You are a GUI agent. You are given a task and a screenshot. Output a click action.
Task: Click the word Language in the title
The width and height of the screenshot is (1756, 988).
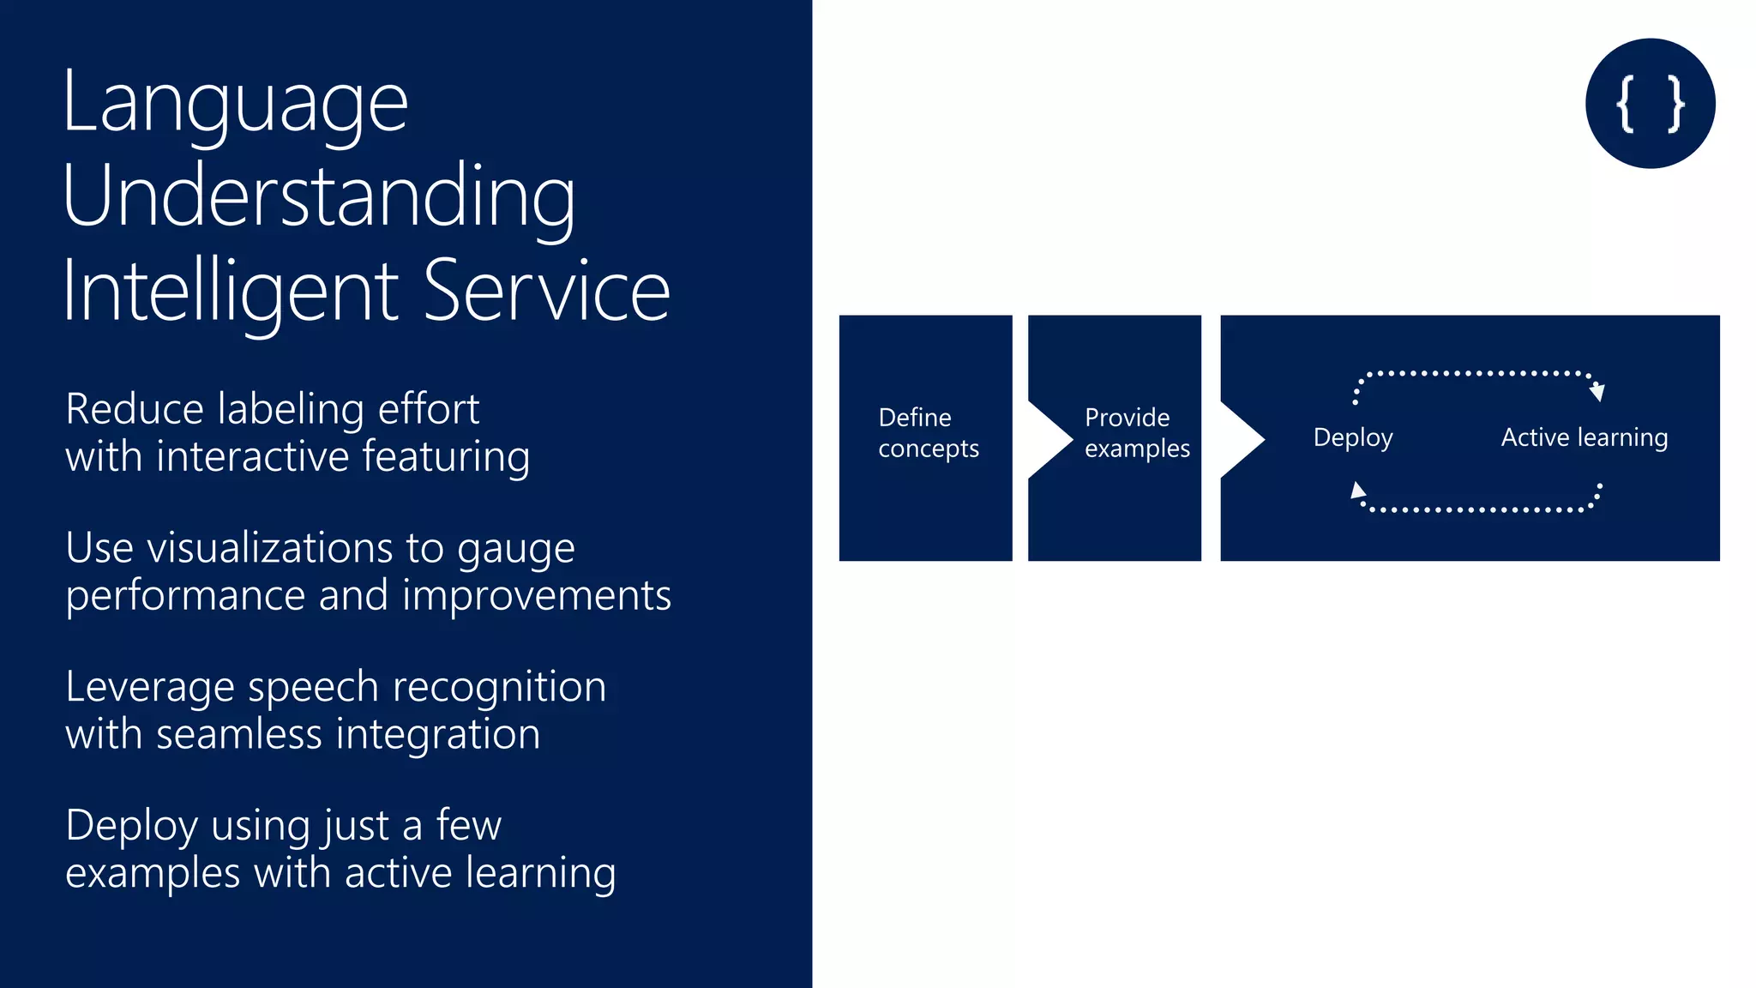click(235, 105)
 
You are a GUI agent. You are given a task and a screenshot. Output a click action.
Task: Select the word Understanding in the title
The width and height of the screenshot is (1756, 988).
click(319, 197)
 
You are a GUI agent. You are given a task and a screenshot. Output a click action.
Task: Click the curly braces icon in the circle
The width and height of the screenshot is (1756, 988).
click(1650, 104)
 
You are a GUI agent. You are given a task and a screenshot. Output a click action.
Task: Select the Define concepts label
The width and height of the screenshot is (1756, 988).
click(928, 433)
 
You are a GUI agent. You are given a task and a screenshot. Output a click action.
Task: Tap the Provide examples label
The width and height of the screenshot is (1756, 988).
click(1136, 433)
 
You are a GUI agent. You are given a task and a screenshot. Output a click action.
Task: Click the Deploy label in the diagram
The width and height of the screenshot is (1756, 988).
click(1352, 437)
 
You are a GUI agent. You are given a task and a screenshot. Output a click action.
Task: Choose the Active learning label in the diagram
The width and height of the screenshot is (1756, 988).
click(1584, 437)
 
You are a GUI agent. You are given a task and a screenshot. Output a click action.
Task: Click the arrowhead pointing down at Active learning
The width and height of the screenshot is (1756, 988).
click(1597, 392)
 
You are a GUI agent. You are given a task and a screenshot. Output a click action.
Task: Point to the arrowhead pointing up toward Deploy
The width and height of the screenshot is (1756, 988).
click(1357, 491)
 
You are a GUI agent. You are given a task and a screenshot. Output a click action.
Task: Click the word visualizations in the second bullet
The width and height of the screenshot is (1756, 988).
click(269, 548)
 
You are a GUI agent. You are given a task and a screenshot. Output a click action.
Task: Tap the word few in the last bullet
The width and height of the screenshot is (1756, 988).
click(468, 826)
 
